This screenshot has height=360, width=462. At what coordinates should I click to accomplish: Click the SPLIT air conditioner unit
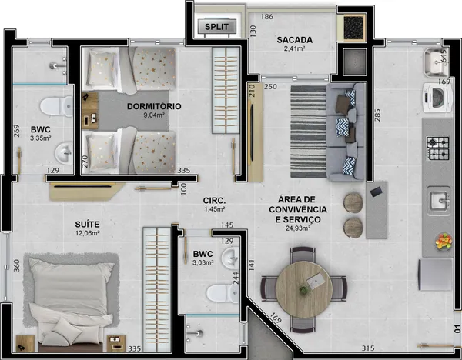pyautogui.click(x=216, y=26)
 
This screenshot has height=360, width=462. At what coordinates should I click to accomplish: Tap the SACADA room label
pyautogui.click(x=295, y=40)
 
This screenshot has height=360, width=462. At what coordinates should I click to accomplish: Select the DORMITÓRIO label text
pyautogui.click(x=154, y=106)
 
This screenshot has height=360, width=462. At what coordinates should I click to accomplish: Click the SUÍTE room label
pyautogui.click(x=87, y=225)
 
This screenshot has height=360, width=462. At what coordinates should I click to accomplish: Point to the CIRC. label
pyautogui.click(x=214, y=201)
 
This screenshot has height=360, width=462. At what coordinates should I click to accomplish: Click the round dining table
pyautogui.click(x=304, y=290)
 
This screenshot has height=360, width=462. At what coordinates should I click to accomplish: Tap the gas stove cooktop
pyautogui.click(x=438, y=148)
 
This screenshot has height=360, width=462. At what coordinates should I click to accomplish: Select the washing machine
pyautogui.click(x=437, y=98)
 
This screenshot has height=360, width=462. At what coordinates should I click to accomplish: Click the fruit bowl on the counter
pyautogui.click(x=444, y=242)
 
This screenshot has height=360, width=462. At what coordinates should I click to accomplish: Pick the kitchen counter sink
pyautogui.click(x=439, y=201)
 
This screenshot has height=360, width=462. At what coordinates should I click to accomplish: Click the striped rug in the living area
pyautogui.click(x=309, y=132)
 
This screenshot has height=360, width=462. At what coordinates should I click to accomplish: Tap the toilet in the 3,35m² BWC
pyautogui.click(x=56, y=106)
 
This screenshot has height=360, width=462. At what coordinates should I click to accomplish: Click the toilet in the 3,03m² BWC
pyautogui.click(x=223, y=293)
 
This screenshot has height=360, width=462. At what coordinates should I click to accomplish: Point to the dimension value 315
pyautogui.click(x=368, y=348)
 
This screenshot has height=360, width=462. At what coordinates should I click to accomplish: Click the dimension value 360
pyautogui.click(x=17, y=265)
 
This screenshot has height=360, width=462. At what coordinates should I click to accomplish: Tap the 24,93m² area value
pyautogui.click(x=298, y=228)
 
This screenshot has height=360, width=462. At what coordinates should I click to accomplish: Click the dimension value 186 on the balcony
pyautogui.click(x=267, y=17)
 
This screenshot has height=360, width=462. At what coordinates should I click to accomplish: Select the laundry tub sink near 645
pyautogui.click(x=436, y=62)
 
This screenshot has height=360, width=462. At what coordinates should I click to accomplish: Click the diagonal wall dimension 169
pyautogui.click(x=276, y=318)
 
